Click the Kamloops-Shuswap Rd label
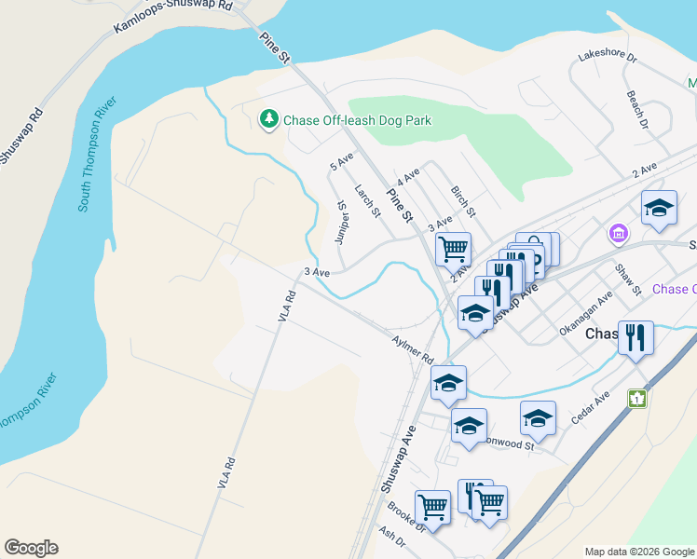[171, 16]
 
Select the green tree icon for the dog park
[268, 119]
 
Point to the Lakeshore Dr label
[606, 57]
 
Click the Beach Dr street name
[637, 108]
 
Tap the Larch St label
[368, 200]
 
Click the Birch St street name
[463, 200]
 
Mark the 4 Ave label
[408, 175]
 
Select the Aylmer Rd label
[414, 351]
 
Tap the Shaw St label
[629, 279]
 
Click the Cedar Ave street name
[590, 407]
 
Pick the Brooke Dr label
[407, 520]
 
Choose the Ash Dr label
[392, 539]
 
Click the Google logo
[31, 548]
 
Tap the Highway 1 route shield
[637, 399]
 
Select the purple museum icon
[617, 232]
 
